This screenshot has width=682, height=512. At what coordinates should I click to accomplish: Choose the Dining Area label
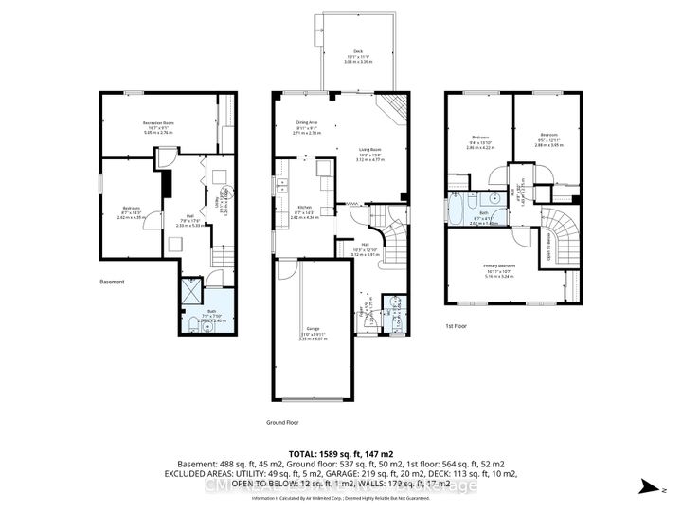[x=306, y=122]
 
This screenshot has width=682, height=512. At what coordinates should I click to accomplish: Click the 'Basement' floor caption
[x=114, y=282]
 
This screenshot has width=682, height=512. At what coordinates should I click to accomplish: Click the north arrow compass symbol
[x=647, y=486]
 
